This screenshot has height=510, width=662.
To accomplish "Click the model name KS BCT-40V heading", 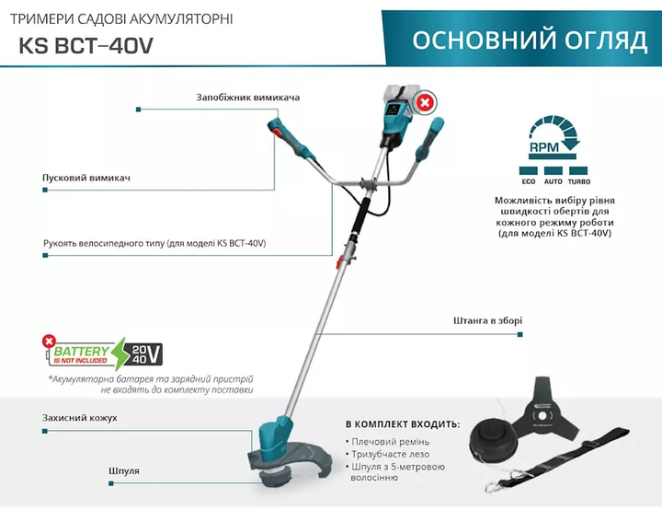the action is [x=86, y=46].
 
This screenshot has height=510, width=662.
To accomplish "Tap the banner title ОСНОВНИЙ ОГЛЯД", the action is [x=530, y=41].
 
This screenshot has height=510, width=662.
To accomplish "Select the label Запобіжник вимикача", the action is [x=248, y=98].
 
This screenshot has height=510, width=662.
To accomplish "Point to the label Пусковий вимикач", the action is [x=86, y=178].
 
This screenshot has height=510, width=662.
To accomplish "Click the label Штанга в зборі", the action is [x=487, y=320].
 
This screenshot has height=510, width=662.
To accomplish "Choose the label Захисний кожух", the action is [x=79, y=418].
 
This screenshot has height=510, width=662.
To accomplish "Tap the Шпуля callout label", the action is [x=124, y=471].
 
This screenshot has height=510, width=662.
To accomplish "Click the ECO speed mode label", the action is [x=528, y=181].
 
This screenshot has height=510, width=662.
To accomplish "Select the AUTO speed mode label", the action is [x=554, y=181].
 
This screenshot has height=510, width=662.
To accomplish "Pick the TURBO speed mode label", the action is [x=579, y=181].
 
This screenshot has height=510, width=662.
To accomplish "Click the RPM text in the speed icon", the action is [x=544, y=147].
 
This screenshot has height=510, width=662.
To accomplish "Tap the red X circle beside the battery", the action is [x=425, y=102].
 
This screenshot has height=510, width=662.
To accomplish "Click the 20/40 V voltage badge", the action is [x=142, y=354].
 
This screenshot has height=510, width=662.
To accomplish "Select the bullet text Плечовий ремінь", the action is [x=391, y=442].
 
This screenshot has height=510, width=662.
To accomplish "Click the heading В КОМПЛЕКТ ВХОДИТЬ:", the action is [x=403, y=423].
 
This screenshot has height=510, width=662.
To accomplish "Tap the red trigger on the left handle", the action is [x=277, y=134].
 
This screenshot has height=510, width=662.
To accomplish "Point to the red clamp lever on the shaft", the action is [x=338, y=263].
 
